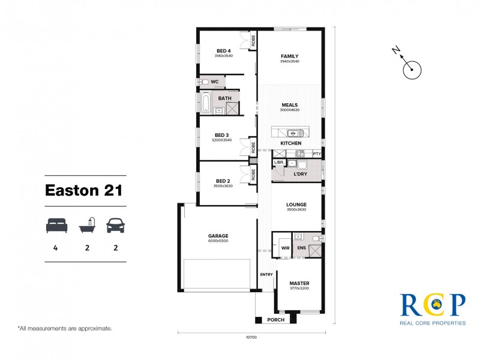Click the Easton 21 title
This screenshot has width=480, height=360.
pyautogui.click(x=84, y=191)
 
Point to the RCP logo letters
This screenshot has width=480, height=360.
pyautogui.click(x=432, y=304)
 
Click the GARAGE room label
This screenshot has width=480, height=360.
pyautogui.click(x=218, y=236)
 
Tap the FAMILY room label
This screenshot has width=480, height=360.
pyautogui.click(x=289, y=56)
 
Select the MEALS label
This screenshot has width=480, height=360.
pyautogui.click(x=289, y=105)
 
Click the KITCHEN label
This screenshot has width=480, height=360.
pyautogui.click(x=290, y=143)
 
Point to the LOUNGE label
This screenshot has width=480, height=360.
pyautogui.click(x=296, y=205)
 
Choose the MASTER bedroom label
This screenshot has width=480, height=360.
pyautogui.click(x=299, y=283)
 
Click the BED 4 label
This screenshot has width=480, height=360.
pyautogui.click(x=223, y=50)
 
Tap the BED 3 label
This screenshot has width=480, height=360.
pyautogui.click(x=221, y=135)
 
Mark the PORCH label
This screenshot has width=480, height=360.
pyautogui.click(x=275, y=320)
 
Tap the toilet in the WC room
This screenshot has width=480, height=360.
pyautogui.click(x=204, y=82)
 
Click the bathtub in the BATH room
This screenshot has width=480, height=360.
pyautogui.click(x=206, y=103)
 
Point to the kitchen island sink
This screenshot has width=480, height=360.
pyautogui.click(x=293, y=133)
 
